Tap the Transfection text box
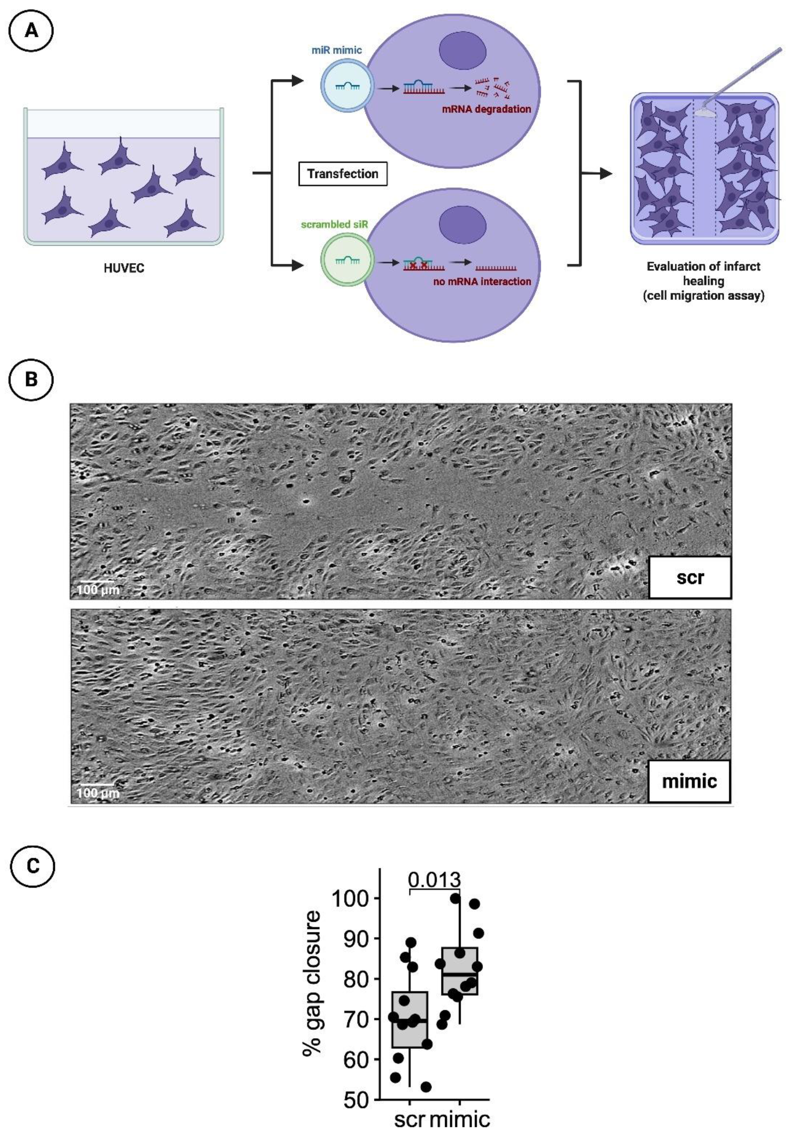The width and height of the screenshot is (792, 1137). pyautogui.click(x=342, y=174)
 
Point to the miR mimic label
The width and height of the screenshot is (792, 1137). pyautogui.click(x=337, y=50)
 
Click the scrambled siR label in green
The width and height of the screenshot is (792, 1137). pyautogui.click(x=335, y=224)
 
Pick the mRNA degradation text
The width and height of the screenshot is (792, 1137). pyautogui.click(x=486, y=109)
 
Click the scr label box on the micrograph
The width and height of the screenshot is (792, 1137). pyautogui.click(x=689, y=577)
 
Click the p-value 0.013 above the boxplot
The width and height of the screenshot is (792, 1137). pyautogui.click(x=434, y=880)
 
